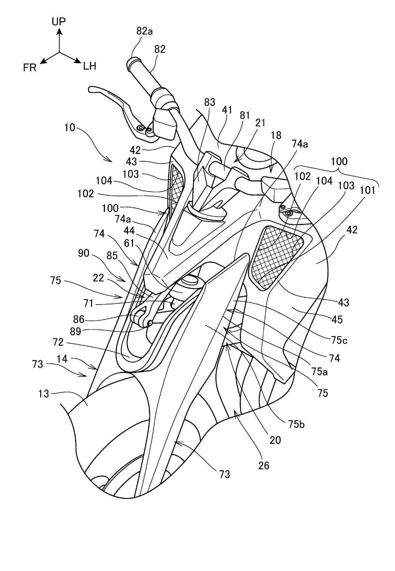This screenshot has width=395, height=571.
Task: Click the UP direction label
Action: coord(59,21)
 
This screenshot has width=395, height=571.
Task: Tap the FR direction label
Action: coord(30,68)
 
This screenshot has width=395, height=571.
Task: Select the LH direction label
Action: coord(89,66)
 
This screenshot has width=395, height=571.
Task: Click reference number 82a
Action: coord(144,31)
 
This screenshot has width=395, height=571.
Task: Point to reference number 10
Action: coord(70,128)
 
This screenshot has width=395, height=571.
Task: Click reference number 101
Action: coord(368,190)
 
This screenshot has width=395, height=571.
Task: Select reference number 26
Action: coord(264,465)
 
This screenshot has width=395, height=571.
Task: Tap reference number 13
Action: coord(44,394)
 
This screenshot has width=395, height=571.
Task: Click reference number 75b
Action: coord(296,424)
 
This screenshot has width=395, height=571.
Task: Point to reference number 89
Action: coord(75,332)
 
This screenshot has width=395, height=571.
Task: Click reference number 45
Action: coord(337,319)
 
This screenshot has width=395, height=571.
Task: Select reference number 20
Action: coord(275,440)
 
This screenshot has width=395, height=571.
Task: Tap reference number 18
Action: coord(276,135)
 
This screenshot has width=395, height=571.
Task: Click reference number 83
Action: coord(209,102)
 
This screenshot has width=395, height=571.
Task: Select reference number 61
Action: coord(129,243)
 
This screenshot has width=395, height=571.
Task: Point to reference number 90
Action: coord(84,253)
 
